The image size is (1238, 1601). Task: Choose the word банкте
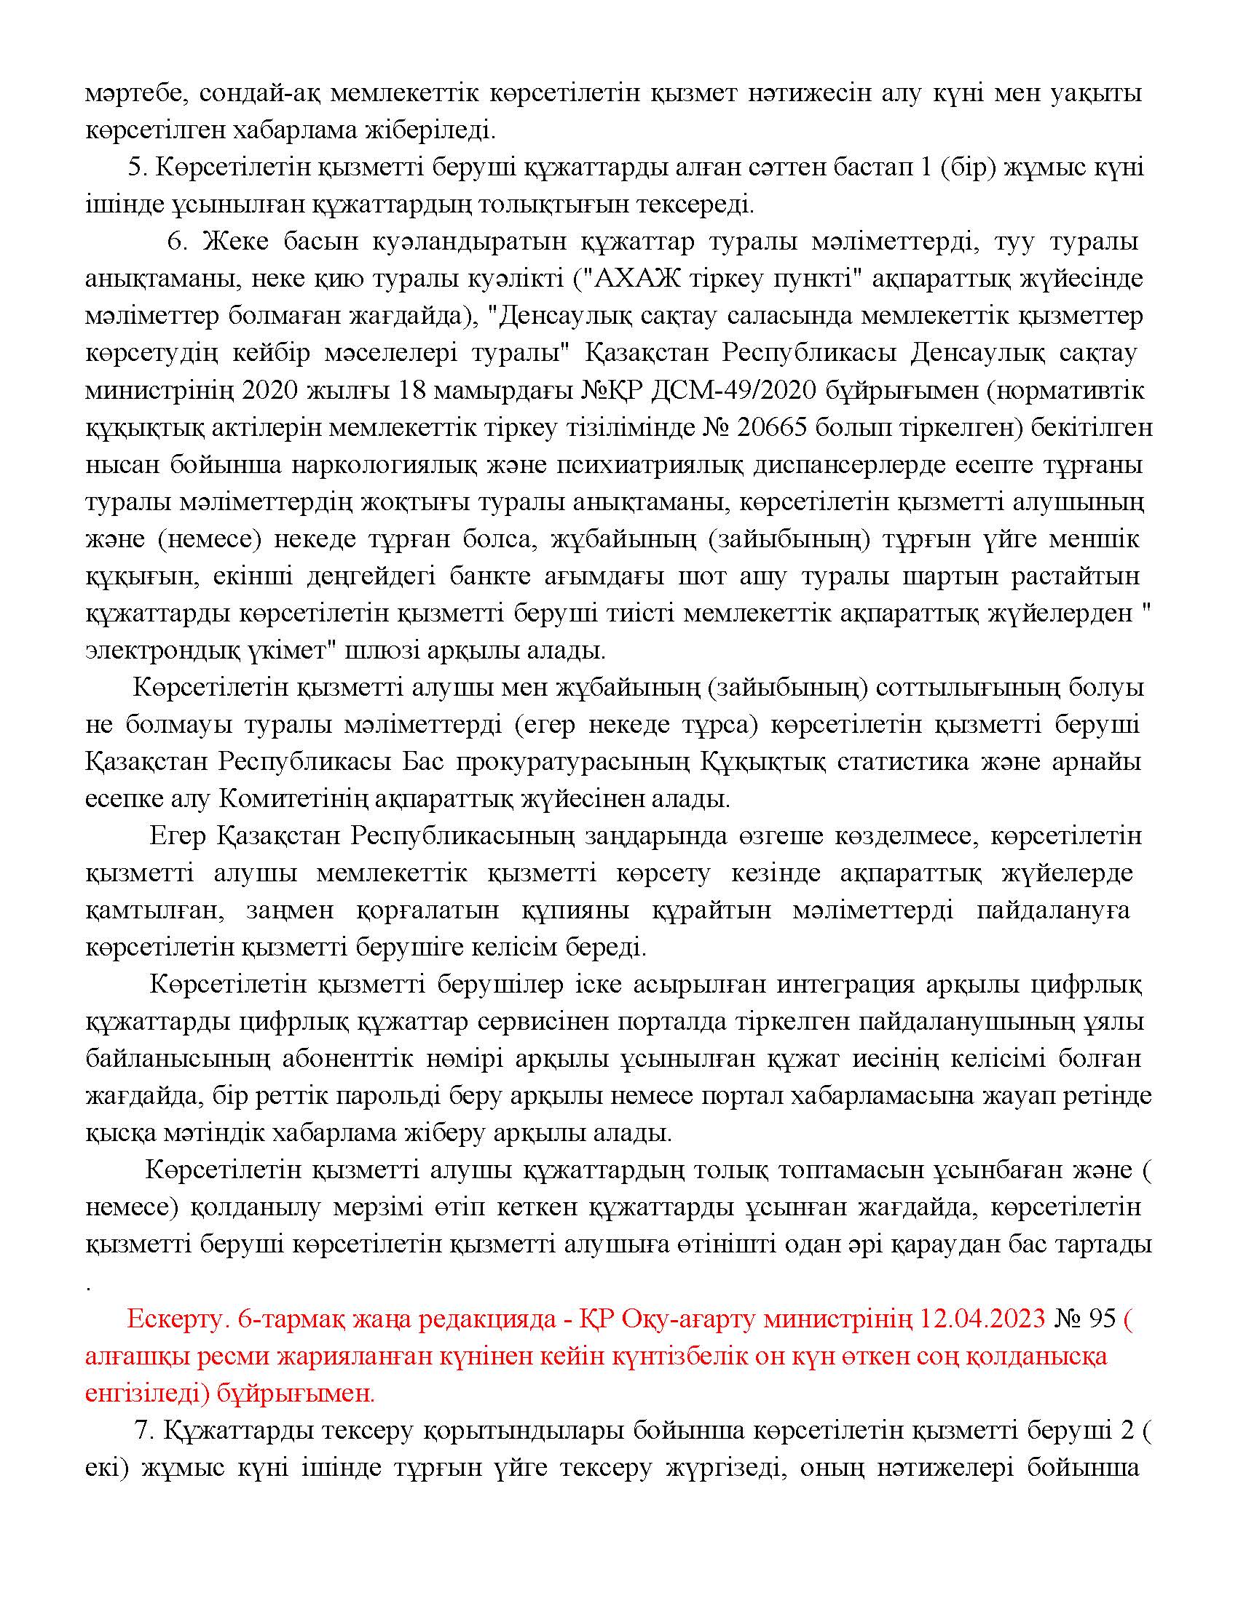click(x=487, y=577)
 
